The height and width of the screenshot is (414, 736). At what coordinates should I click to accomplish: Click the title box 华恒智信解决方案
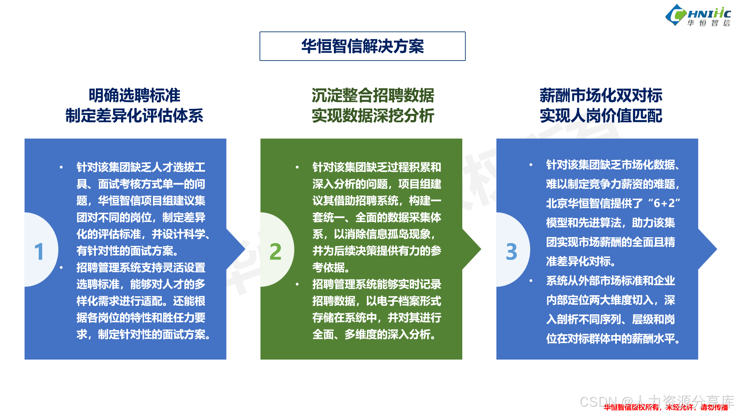[362, 46]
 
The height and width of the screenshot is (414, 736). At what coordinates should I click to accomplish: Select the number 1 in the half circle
[39, 251]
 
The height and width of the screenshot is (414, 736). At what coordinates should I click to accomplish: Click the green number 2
[275, 251]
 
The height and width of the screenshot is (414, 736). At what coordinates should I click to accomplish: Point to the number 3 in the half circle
[511, 251]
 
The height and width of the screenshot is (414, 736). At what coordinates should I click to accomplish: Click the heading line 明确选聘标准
[134, 95]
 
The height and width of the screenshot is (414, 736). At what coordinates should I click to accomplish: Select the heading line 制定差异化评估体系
[134, 116]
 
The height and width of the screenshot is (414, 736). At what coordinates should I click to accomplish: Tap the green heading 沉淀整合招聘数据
[373, 95]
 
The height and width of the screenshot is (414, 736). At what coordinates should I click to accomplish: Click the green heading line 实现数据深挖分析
[373, 116]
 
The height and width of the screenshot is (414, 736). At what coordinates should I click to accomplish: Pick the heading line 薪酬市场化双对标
[601, 95]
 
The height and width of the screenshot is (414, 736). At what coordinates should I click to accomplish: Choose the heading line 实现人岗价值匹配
[601, 116]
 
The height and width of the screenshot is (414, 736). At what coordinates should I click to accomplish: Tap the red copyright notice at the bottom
[665, 407]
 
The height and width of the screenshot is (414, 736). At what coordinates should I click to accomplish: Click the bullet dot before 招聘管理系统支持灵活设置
[61, 268]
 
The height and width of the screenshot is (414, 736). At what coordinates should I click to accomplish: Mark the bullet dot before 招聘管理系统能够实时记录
[297, 284]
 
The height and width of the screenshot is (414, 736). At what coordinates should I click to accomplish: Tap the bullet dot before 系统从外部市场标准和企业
[531, 281]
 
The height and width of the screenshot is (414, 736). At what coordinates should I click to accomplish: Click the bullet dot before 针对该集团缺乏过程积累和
[297, 167]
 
